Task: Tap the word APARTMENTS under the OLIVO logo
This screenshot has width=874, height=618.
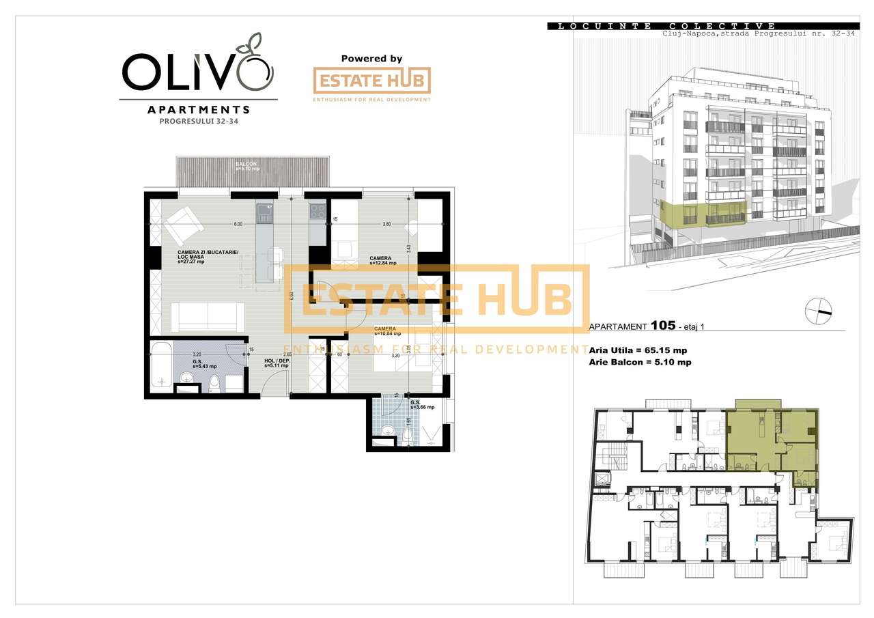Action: pos(198,109)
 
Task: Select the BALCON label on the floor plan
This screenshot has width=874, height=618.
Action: pos(246,165)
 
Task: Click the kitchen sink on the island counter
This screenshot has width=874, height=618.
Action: pos(264,214)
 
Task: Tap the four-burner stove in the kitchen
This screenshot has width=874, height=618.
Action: pos(318,212)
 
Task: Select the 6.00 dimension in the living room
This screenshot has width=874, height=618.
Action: pos(238,224)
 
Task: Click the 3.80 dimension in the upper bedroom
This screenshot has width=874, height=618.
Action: pos(386,224)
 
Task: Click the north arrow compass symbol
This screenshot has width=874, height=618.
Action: pos(819,311)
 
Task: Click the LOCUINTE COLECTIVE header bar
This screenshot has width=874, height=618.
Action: pos(662,26)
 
